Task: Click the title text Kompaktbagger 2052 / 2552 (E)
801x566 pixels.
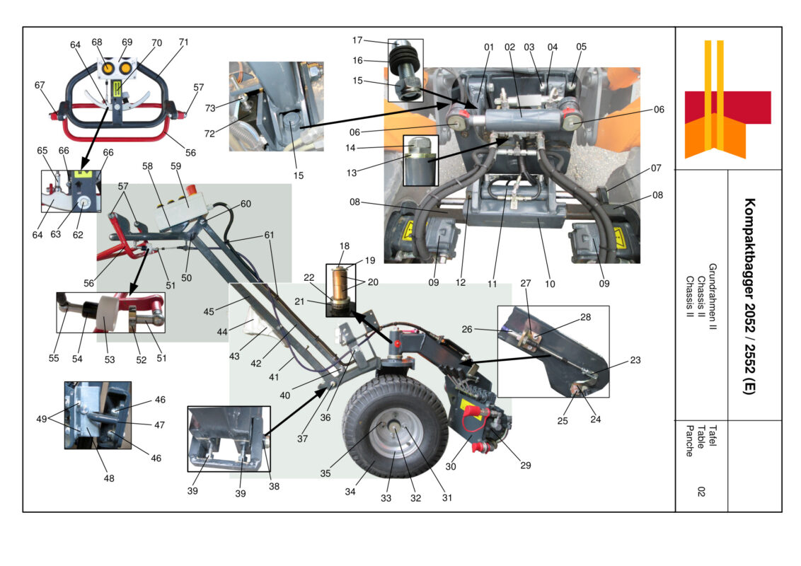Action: coord(749,296)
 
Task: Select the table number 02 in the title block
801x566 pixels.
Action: coord(700,492)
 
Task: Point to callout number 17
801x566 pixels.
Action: coord(377,40)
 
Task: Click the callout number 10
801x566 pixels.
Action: coord(549,284)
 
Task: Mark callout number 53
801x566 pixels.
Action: coord(109,359)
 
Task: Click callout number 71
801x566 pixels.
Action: coord(183,42)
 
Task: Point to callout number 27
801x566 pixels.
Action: coord(524,284)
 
